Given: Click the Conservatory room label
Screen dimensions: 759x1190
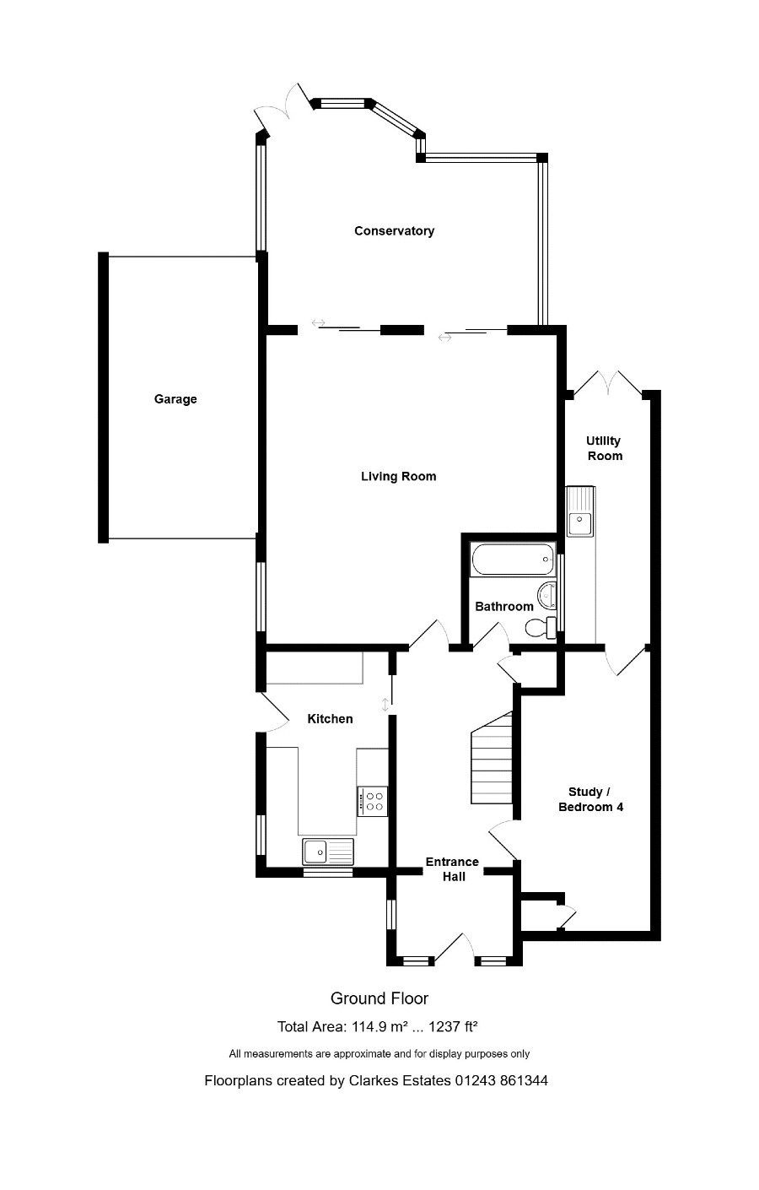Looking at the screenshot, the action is (x=394, y=230).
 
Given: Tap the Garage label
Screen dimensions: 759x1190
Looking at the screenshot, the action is (x=175, y=398).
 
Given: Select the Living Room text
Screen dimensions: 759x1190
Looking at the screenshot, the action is (x=398, y=476).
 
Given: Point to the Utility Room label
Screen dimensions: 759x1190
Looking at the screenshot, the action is (x=604, y=448).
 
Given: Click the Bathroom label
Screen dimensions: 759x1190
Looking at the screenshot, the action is (x=503, y=606).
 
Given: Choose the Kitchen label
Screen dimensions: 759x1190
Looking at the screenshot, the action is (x=330, y=718).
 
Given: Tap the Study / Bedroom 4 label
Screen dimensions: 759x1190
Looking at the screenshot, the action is (x=590, y=799).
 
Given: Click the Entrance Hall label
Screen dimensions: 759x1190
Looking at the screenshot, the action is (x=452, y=869).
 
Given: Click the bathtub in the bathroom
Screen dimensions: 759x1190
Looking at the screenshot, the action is (x=512, y=559).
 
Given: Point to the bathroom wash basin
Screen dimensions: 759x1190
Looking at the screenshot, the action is (x=546, y=596).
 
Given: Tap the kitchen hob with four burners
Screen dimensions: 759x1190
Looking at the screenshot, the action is (x=372, y=801).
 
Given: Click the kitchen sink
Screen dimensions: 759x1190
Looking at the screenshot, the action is (x=327, y=852).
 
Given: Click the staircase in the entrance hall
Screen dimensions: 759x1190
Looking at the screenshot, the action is (x=492, y=758).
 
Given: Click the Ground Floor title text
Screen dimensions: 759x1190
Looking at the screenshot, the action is (x=379, y=998).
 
